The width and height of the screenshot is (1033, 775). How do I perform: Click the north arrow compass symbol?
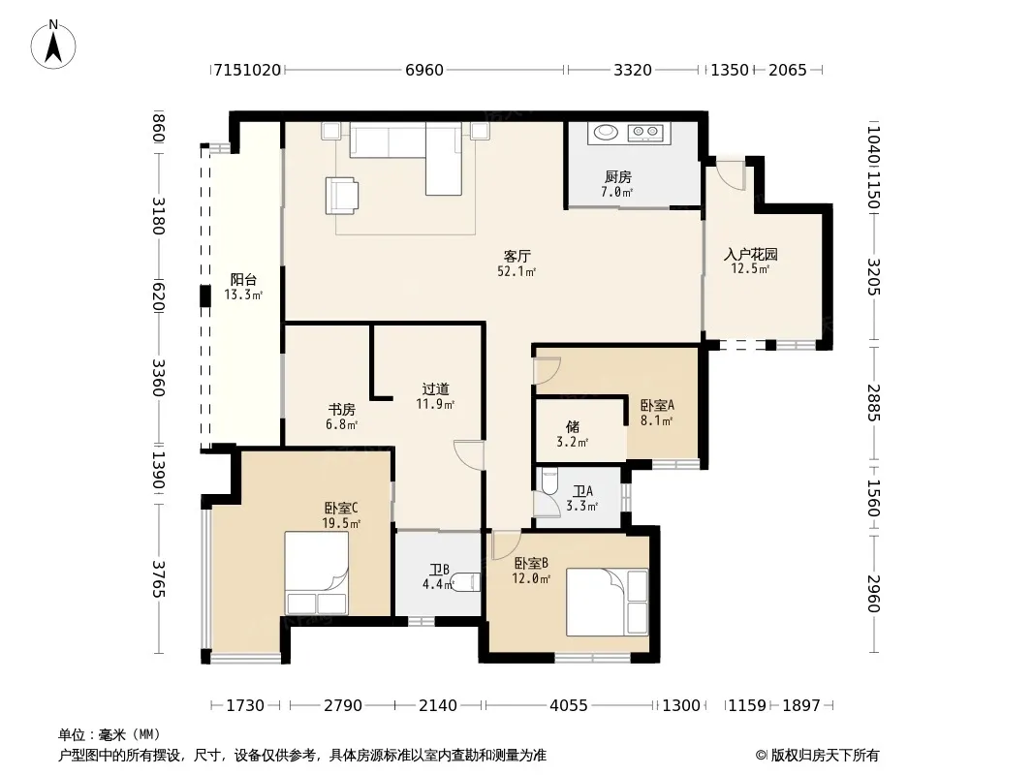(x=53, y=45)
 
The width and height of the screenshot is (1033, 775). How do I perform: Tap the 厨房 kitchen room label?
(x=618, y=176)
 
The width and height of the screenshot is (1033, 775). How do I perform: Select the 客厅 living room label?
(x=517, y=256)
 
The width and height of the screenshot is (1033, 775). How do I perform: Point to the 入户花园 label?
(x=750, y=254)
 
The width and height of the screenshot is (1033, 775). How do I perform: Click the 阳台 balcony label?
(x=243, y=280)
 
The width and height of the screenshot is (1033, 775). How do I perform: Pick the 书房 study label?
(x=341, y=410)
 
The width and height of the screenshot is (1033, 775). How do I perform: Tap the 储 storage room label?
(x=573, y=426)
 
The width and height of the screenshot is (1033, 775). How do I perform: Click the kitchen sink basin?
(x=606, y=133)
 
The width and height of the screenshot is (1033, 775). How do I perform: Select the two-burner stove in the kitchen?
(x=645, y=133)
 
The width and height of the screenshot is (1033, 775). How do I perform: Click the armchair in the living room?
(x=342, y=196)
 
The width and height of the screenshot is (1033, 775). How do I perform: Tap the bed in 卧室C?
(x=316, y=573)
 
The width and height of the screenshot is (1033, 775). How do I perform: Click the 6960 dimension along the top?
(x=424, y=70)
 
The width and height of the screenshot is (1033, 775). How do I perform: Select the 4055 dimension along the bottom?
(x=569, y=705)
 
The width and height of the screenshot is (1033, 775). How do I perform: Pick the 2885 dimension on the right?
(x=873, y=402)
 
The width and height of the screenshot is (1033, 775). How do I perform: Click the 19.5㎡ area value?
(x=340, y=524)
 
